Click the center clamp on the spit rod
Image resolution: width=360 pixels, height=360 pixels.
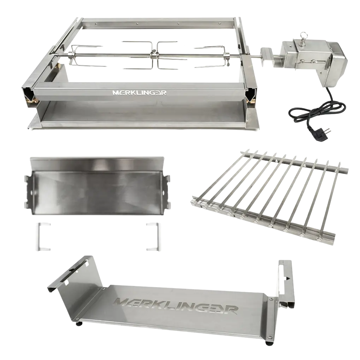(x=153, y=55)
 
